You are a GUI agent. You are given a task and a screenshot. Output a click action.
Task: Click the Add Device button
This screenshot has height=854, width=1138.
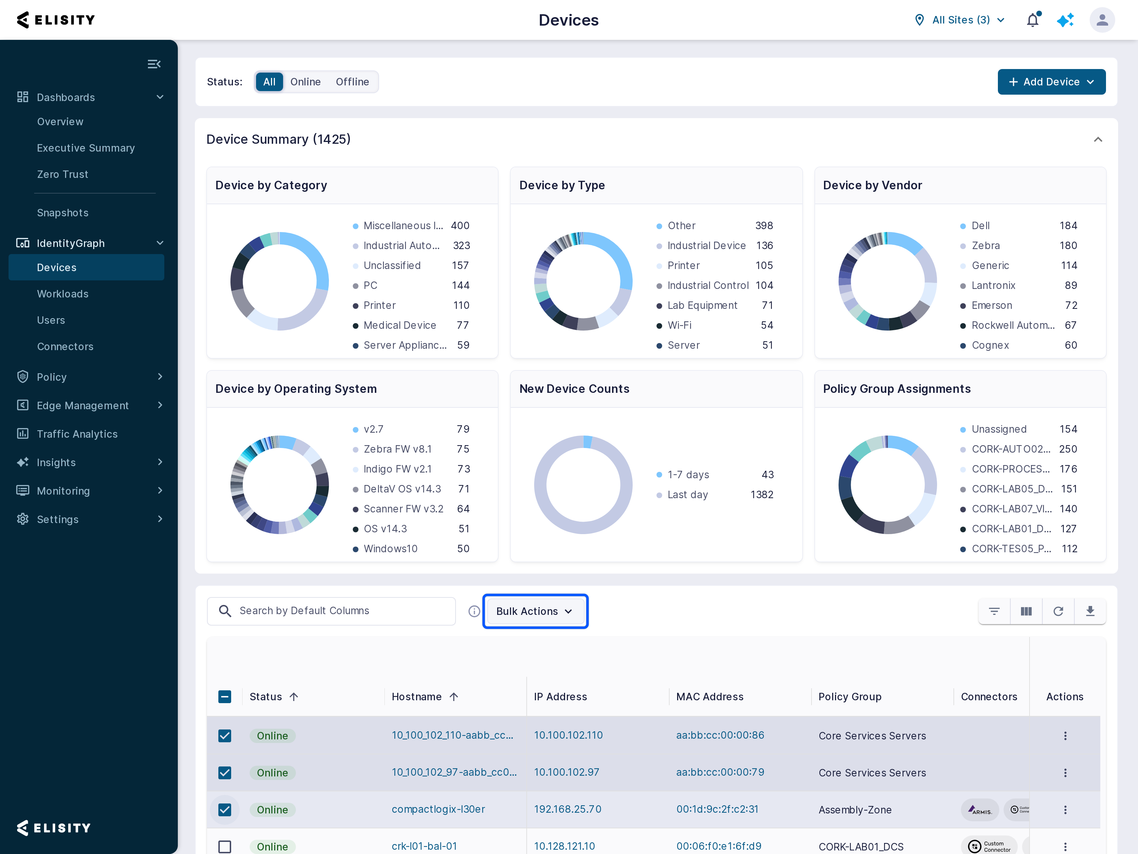(1051, 82)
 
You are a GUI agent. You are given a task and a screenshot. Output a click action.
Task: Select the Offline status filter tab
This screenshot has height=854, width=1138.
(352, 82)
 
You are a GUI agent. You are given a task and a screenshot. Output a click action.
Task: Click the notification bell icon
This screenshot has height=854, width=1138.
(1032, 20)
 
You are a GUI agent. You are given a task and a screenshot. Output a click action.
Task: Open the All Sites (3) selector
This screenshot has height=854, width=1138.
(960, 20)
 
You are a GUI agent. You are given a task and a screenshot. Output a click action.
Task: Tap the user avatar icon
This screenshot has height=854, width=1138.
(1102, 20)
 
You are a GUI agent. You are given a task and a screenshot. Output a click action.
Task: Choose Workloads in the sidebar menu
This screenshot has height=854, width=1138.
(63, 294)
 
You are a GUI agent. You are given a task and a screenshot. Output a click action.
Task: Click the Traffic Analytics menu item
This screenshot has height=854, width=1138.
(77, 434)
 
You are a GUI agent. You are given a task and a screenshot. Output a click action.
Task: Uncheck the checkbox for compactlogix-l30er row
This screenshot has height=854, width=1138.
(225, 810)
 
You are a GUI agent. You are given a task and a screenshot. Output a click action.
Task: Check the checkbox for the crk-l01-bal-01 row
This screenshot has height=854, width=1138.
(225, 846)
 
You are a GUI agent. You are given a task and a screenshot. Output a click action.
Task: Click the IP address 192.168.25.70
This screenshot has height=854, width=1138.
(568, 809)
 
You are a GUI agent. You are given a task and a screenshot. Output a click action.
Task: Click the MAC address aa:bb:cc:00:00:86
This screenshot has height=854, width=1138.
(720, 735)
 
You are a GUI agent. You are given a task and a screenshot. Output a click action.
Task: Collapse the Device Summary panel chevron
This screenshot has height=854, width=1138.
(1098, 139)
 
